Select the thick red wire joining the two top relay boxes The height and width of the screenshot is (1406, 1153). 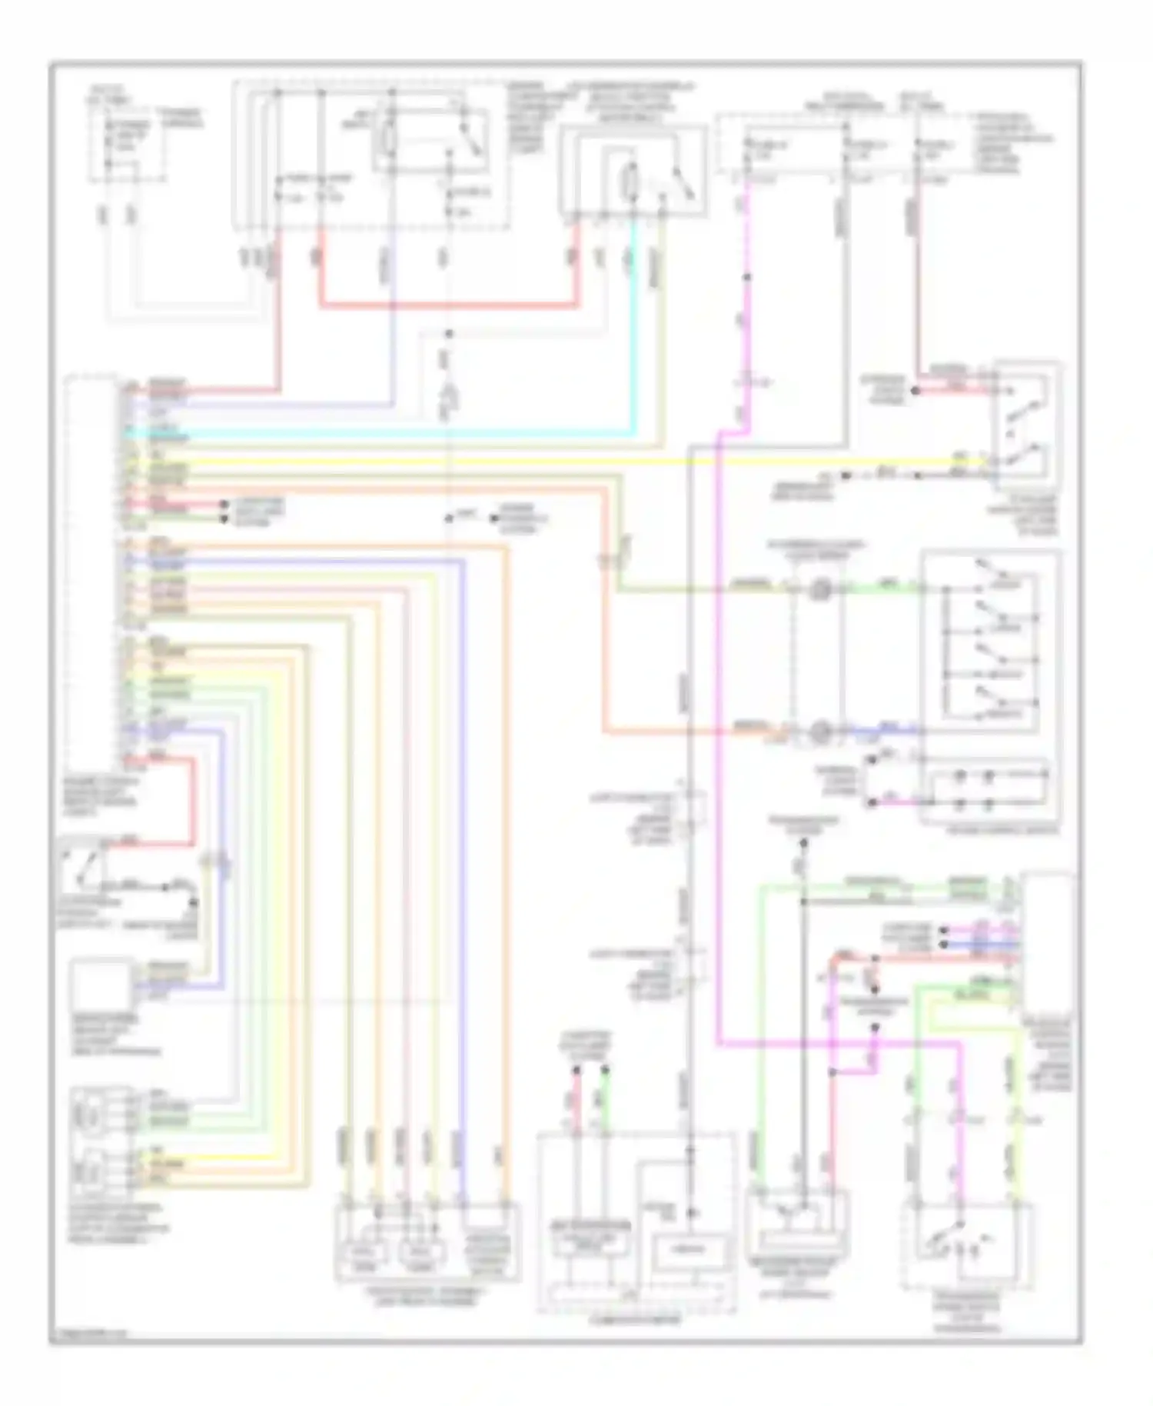[446, 305]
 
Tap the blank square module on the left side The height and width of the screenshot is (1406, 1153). [100, 985]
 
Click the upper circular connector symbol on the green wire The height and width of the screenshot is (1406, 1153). [820, 591]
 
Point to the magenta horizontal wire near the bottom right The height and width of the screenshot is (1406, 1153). [838, 1044]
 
